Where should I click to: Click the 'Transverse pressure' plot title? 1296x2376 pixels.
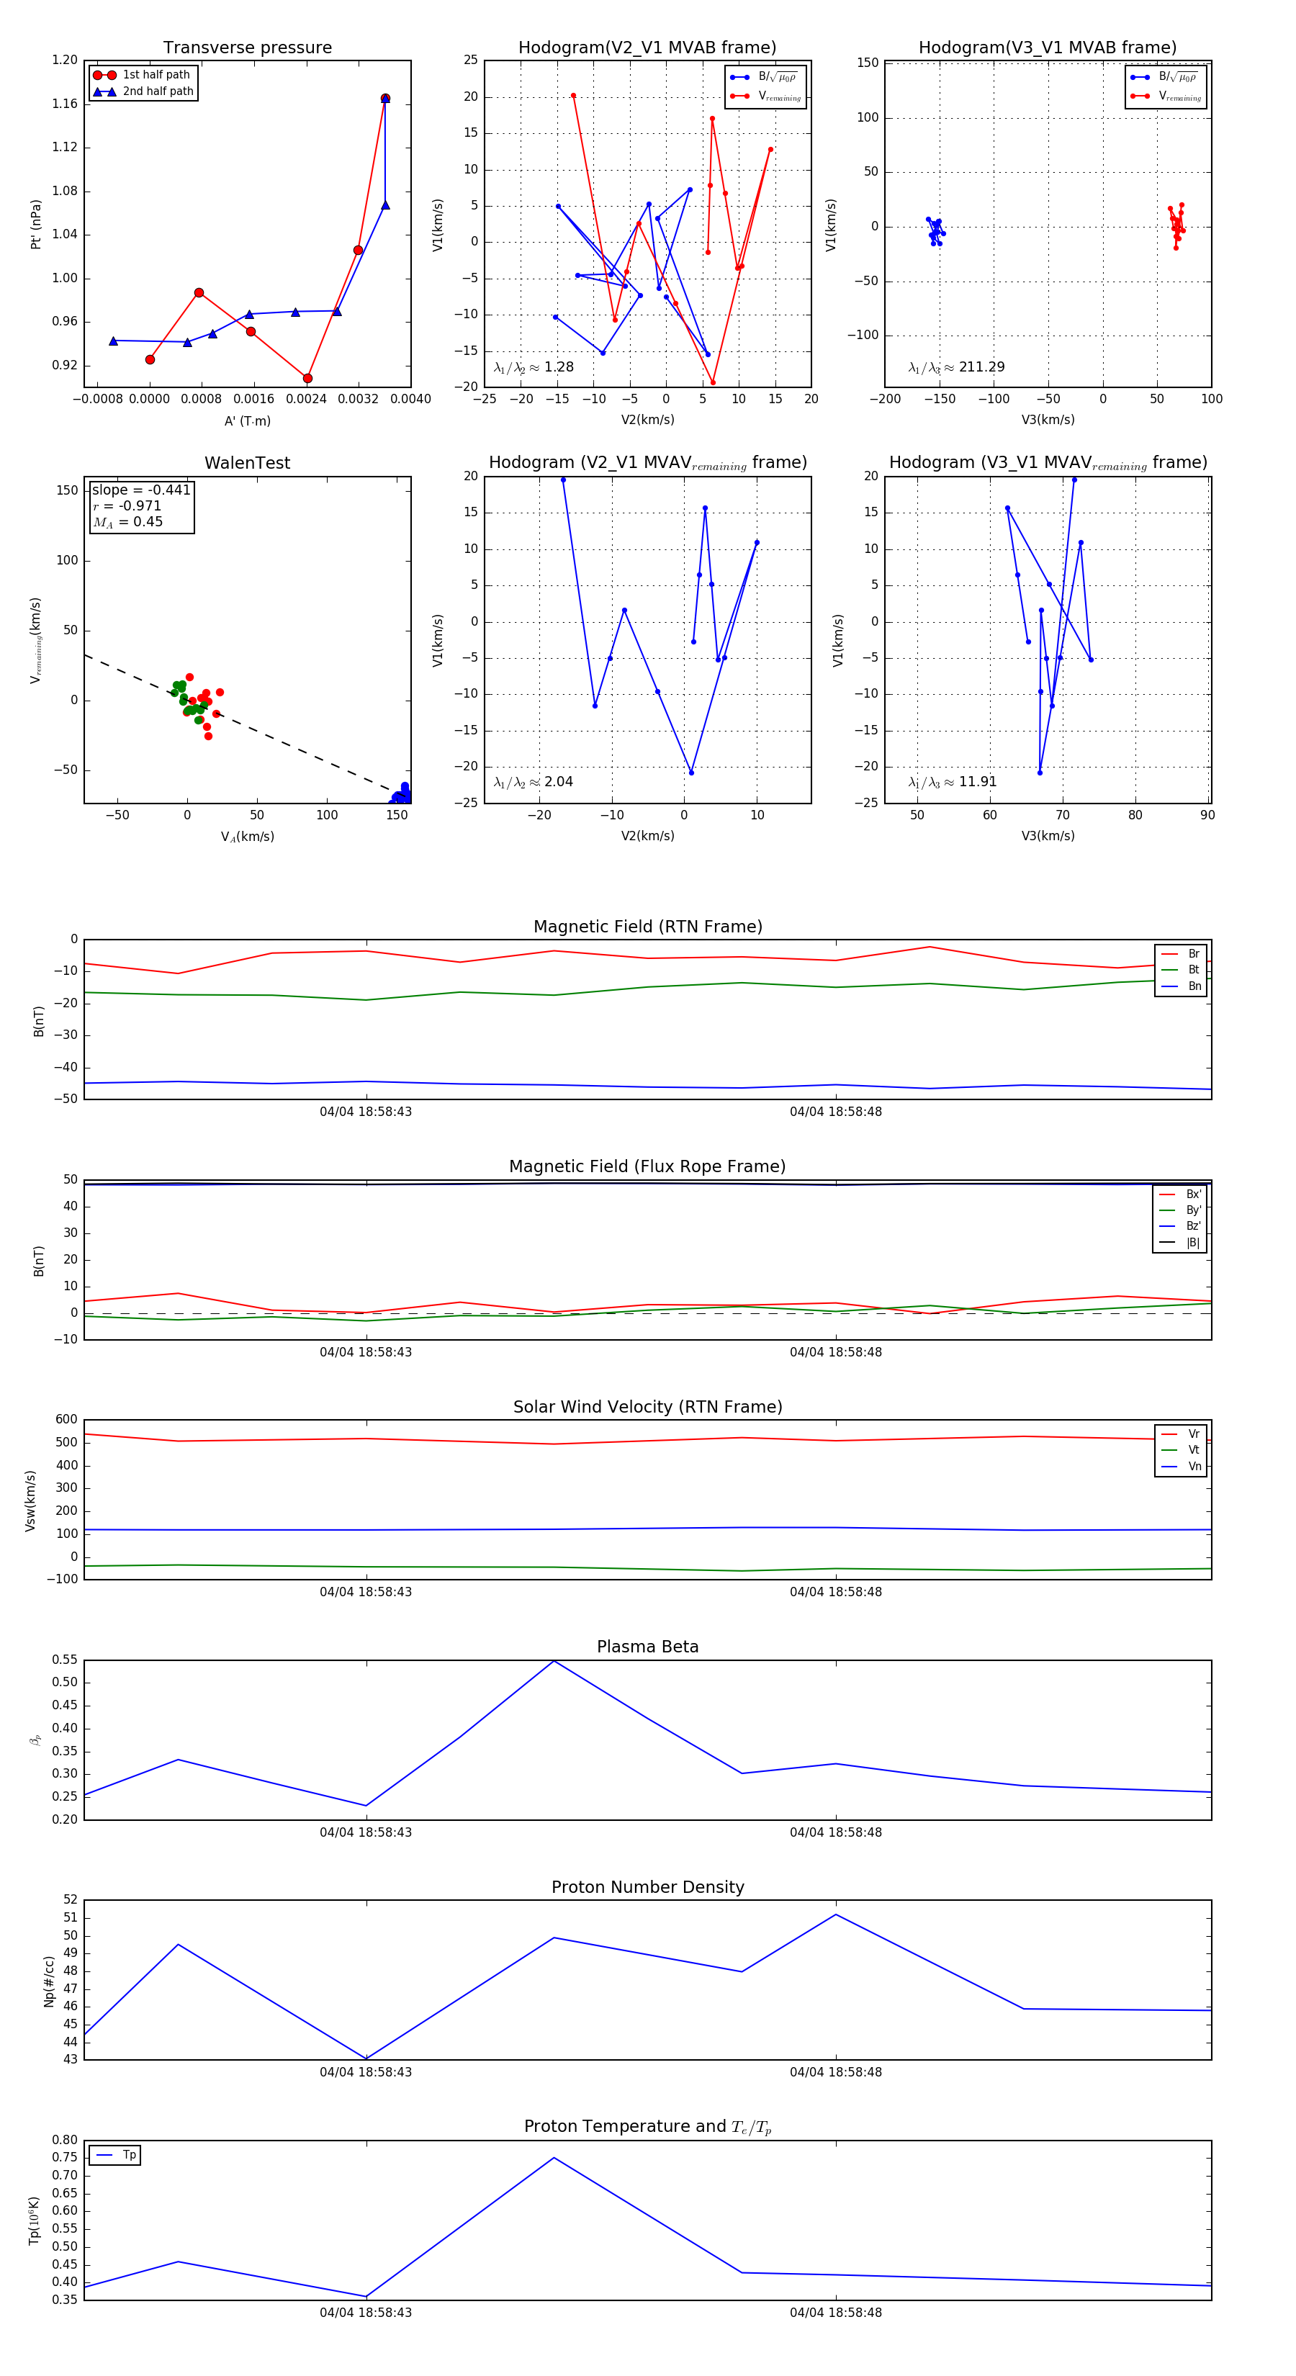247,48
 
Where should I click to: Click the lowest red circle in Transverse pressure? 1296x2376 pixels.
307,378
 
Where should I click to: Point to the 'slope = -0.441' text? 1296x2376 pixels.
141,490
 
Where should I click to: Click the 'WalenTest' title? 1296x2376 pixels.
247,463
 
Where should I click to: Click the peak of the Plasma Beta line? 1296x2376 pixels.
554,1661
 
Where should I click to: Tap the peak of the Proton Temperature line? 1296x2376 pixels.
554,2157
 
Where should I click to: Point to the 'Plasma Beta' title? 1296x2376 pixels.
647,1647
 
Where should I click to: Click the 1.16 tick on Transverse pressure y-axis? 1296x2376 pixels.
65,103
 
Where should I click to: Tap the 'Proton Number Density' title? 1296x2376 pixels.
647,1887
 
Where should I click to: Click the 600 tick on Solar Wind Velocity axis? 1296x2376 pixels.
66,1420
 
